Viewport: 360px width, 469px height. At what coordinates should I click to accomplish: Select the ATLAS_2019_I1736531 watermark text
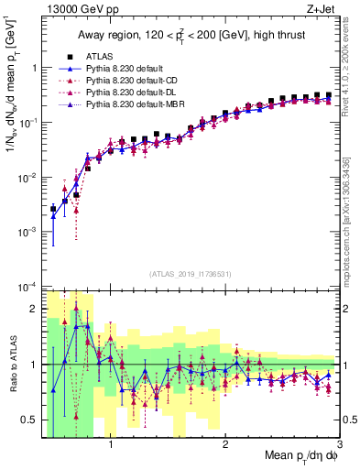pyautogui.click(x=191, y=273)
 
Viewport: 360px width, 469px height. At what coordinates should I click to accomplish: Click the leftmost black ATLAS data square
pyautogui.click(x=53, y=209)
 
